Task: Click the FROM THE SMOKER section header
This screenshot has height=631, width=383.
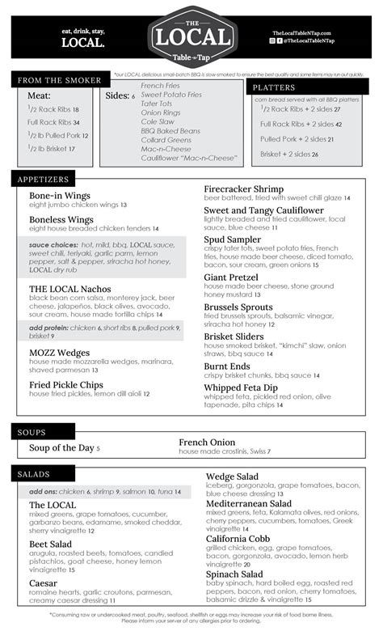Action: [60, 80]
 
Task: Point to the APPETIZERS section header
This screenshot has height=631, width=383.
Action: [44, 179]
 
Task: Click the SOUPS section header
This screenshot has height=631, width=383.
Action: [32, 432]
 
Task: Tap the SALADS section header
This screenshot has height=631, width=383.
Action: [35, 472]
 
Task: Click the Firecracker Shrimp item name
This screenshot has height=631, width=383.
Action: [244, 189]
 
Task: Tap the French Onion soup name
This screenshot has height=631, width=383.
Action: [207, 443]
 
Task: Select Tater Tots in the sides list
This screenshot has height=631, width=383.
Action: [156, 104]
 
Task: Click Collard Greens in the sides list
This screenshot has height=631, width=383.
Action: [166, 139]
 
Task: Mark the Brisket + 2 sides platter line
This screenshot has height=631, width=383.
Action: [289, 154]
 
